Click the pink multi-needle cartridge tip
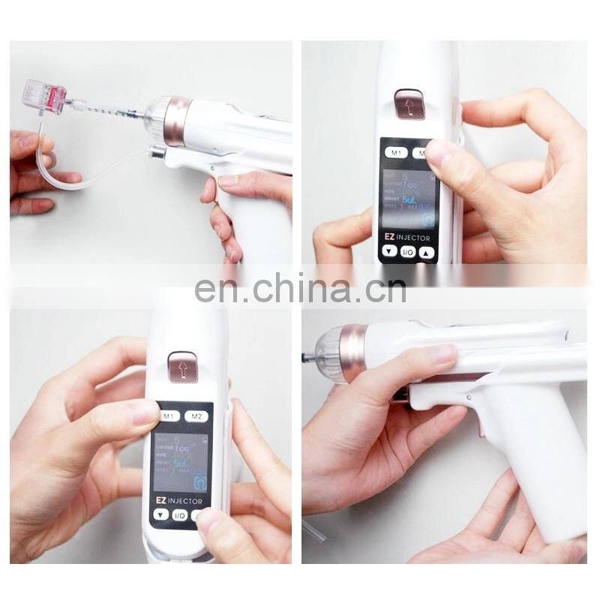click(x=44, y=98)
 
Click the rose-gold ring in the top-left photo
click(x=178, y=120)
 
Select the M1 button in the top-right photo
click(x=397, y=152)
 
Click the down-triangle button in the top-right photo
click(x=390, y=252)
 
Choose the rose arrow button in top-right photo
click(x=410, y=104)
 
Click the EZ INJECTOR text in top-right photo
click(x=409, y=237)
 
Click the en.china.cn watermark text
click(x=300, y=288)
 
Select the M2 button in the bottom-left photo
click(x=197, y=415)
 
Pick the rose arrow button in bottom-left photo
click(x=182, y=367)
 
